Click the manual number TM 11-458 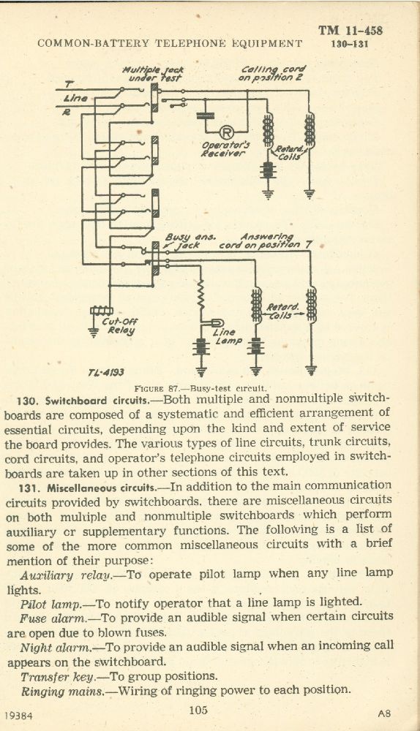pyautogui.click(x=350, y=31)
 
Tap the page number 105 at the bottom pyautogui.click(x=198, y=710)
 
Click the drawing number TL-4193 pyautogui.click(x=105, y=373)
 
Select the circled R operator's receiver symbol pyautogui.click(x=226, y=133)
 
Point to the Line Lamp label pyautogui.click(x=228, y=336)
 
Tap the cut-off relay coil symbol pyautogui.click(x=101, y=311)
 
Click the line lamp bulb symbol pyautogui.click(x=217, y=322)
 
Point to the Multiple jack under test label pyautogui.click(x=153, y=74)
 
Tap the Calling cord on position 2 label pyautogui.click(x=272, y=72)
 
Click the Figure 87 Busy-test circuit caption pyautogui.click(x=200, y=388)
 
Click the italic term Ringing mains pyautogui.click(x=62, y=692)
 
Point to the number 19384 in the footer pyautogui.click(x=19, y=715)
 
